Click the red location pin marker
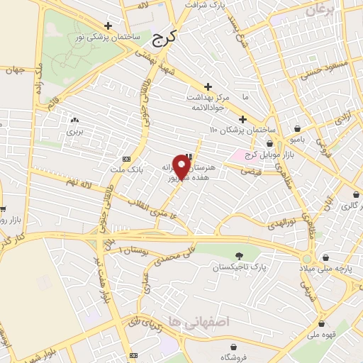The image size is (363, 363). click(x=182, y=168)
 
